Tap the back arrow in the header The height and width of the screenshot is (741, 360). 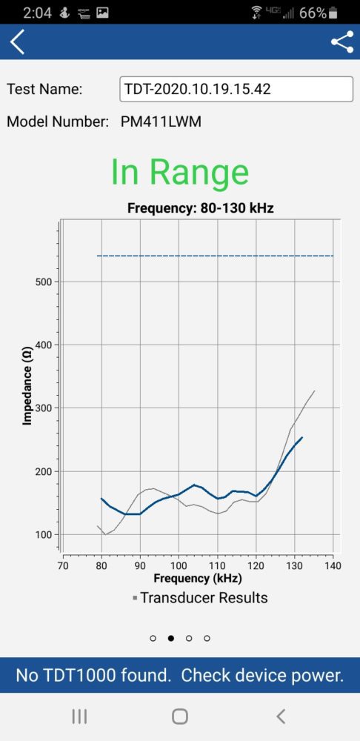[x=17, y=41]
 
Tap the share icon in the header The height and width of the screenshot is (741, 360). [x=342, y=41]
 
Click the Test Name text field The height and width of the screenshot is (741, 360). [x=236, y=89]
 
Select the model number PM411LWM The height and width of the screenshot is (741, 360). [x=161, y=122]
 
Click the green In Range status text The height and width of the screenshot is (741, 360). [x=179, y=172]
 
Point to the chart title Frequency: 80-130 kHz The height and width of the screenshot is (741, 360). [x=200, y=208]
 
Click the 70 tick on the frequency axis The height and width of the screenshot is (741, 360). [x=63, y=565]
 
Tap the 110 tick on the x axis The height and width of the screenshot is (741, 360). [x=217, y=565]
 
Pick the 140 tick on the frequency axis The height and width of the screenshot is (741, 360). [x=333, y=565]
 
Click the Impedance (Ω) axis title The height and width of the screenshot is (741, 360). [x=27, y=387]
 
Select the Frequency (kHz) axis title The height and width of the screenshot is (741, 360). [x=198, y=577]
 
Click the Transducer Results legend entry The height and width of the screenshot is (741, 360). [x=200, y=598]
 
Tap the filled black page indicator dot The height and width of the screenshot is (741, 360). [x=171, y=638]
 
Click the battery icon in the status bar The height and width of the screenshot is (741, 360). [x=333, y=13]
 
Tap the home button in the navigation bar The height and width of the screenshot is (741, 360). [x=180, y=717]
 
